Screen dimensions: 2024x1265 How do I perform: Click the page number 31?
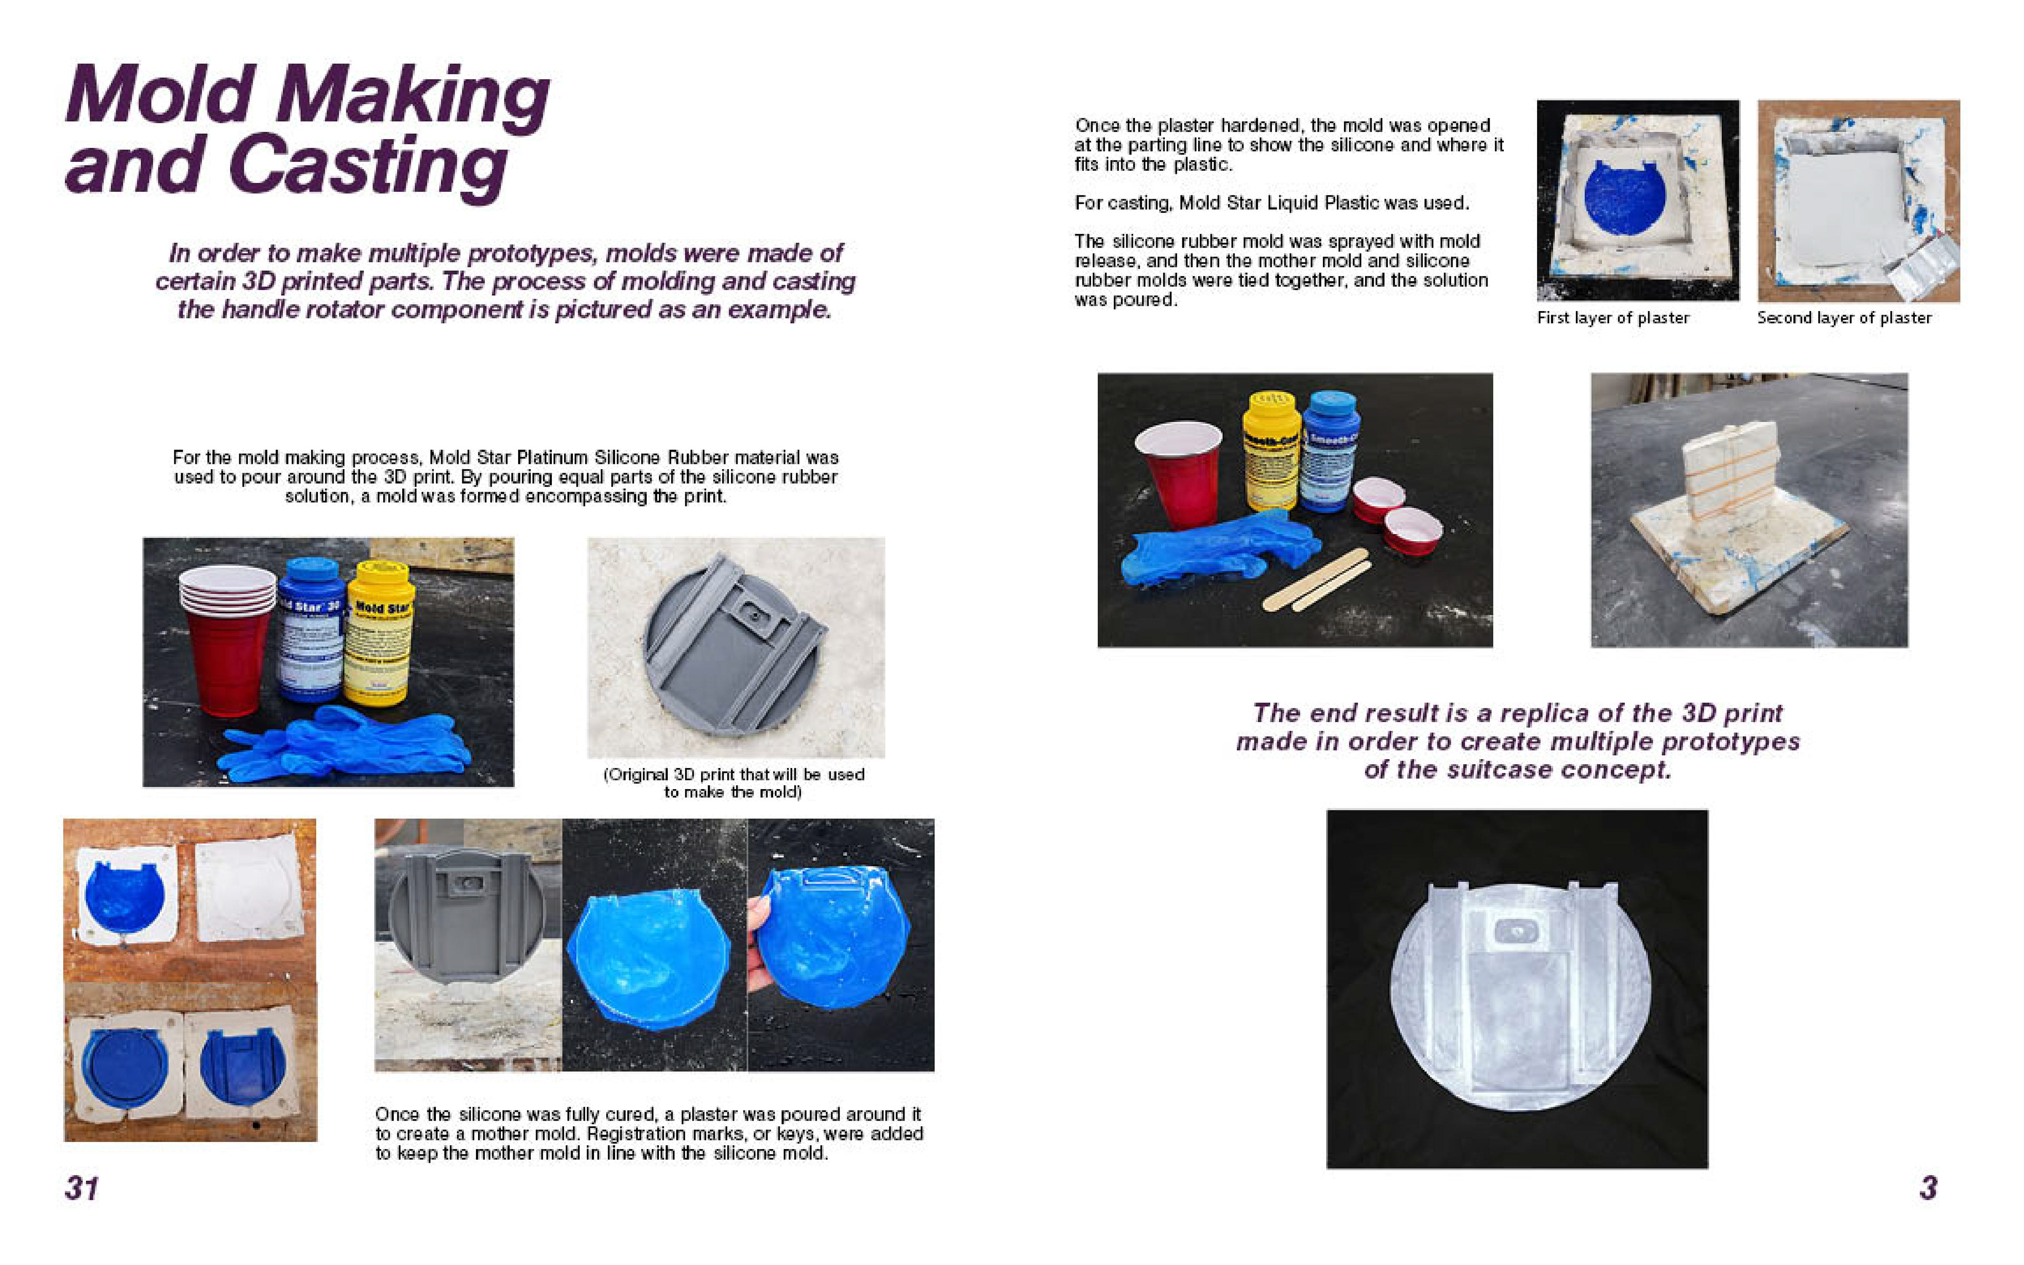coord(81,1188)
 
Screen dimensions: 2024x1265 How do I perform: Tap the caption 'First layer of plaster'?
coord(1612,318)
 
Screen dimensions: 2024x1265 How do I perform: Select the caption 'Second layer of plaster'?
coord(1844,318)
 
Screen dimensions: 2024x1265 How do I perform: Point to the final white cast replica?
coord(1519,995)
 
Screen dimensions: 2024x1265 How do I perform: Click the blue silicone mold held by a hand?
coord(833,936)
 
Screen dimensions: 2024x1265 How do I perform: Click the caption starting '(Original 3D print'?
coord(734,783)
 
